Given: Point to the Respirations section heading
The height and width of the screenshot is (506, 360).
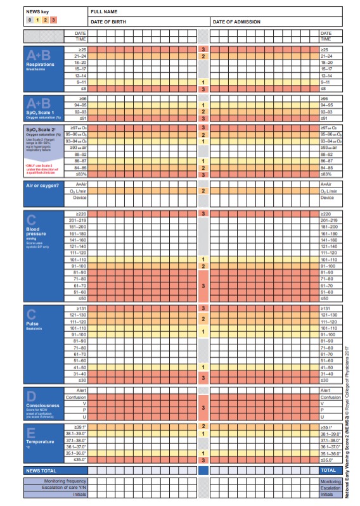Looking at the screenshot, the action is [40, 65].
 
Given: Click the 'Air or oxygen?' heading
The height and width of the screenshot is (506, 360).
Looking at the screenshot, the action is [43, 184].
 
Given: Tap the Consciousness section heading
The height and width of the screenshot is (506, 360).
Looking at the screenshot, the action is [43, 405].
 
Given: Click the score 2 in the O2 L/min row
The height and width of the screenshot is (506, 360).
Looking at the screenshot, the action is [203, 191].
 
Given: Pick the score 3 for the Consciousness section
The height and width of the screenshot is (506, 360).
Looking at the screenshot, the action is [203, 408].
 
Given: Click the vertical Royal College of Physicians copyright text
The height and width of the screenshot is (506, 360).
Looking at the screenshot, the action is [351, 418].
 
